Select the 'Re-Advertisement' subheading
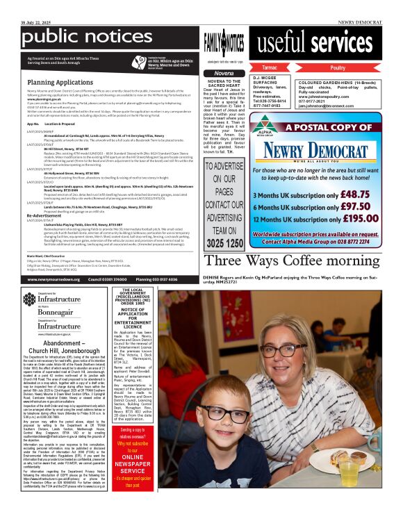pyautogui.click(x=48, y=216)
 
